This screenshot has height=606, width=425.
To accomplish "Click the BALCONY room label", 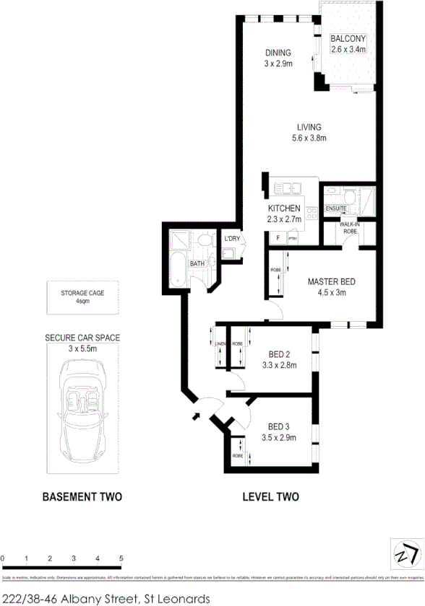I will pyautogui.click(x=348, y=39).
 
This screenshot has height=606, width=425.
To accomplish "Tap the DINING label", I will pyautogui.click(x=278, y=53).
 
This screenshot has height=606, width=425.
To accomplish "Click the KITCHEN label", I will pyautogui.click(x=284, y=208).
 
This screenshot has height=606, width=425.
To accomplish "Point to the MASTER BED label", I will pyautogui.click(x=331, y=281).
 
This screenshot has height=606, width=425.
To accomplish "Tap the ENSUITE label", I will pyautogui.click(x=337, y=209).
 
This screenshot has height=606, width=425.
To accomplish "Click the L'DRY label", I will pyautogui.click(x=231, y=239).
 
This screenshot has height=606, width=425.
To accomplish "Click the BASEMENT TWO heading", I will pyautogui.click(x=82, y=497).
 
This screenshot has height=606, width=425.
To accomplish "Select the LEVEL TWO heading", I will pyautogui.click(x=271, y=497).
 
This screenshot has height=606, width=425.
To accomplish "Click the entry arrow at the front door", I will pyautogui.click(x=194, y=416).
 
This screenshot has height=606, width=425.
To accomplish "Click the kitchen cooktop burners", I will pyautogui.click(x=312, y=214).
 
